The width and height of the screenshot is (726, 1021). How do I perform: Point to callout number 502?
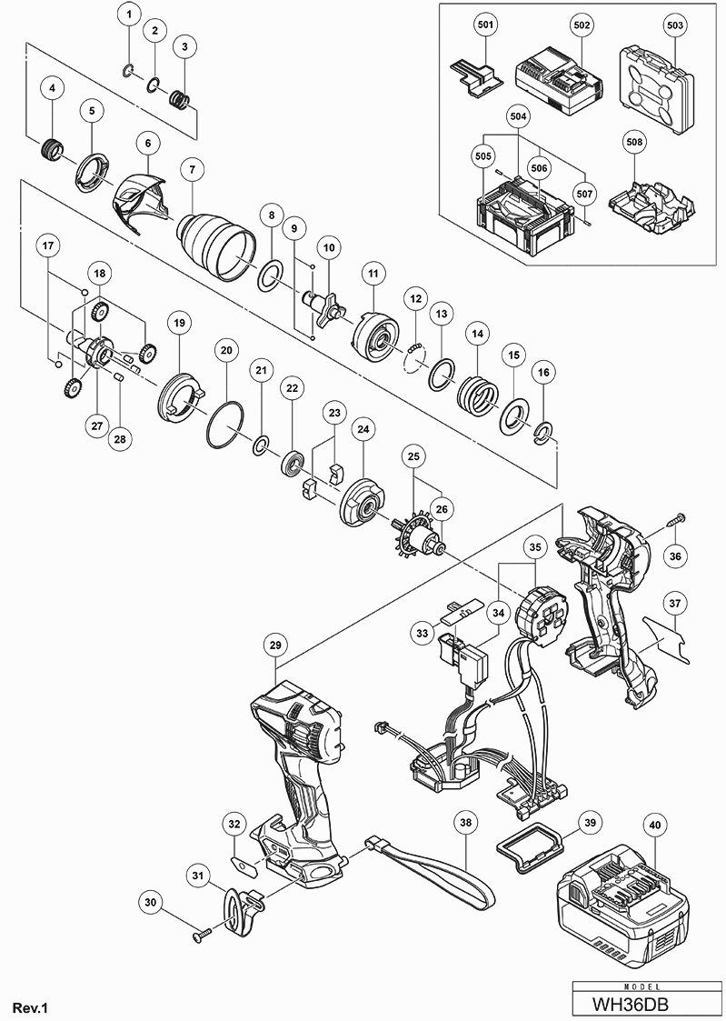pos(582,25)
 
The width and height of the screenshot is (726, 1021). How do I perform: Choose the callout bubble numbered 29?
pos(275,645)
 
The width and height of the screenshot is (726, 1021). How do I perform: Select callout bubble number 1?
pos(129,14)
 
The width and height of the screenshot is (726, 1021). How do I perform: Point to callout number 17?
pos(48,246)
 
